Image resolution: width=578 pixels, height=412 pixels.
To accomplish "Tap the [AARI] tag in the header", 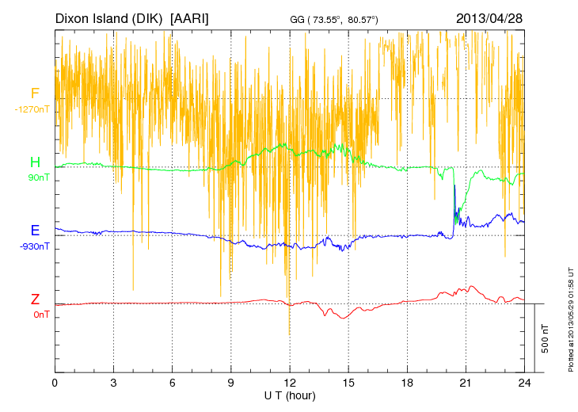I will coord(189,17).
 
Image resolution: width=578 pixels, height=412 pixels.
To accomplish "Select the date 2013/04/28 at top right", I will coord(489,17).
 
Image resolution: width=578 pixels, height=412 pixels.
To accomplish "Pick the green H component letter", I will coord(35,162).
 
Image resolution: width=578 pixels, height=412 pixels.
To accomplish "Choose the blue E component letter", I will coord(35,231).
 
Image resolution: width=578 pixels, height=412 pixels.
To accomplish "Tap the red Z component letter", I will coord(35,299).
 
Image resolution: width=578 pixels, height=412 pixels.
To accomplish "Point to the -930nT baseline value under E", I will coord(35,246).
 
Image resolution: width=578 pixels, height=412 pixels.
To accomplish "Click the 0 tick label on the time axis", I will coord(55,383).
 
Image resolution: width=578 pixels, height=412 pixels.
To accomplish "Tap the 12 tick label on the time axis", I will coord(290,383).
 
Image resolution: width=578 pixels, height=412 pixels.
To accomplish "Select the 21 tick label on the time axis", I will coord(466,383).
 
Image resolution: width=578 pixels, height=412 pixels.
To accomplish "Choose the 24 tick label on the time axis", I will coord(524,383).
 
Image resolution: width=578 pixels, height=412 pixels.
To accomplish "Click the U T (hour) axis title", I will coord(290,395).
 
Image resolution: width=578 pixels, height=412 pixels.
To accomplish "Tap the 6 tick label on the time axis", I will coord(172,383).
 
